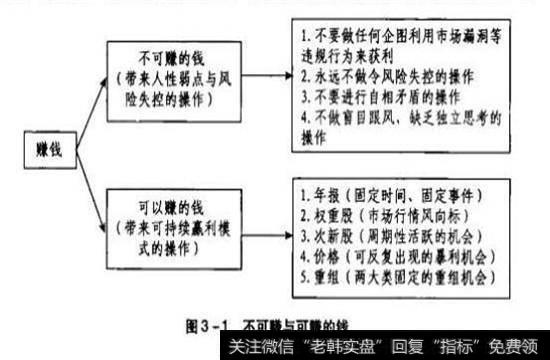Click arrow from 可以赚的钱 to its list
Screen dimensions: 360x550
click(x=261, y=231)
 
